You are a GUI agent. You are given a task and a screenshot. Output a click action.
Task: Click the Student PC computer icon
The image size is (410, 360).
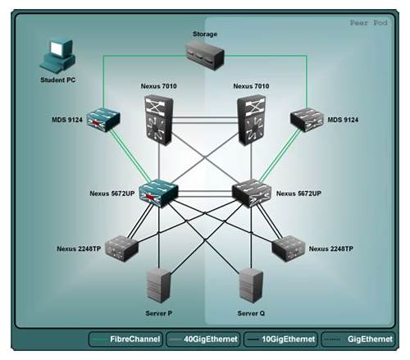pyautogui.click(x=57, y=56)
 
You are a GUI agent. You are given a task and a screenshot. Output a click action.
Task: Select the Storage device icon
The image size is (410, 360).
pyautogui.click(x=205, y=56)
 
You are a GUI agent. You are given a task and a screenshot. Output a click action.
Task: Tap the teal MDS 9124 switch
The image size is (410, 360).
pyautogui.click(x=103, y=119)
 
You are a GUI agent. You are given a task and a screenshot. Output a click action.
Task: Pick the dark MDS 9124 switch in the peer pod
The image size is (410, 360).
pyautogui.click(x=307, y=119)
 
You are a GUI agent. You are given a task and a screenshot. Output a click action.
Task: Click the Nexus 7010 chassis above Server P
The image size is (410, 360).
pyautogui.click(x=159, y=120)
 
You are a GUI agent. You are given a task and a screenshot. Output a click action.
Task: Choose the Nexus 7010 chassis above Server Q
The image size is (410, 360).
pyautogui.click(x=252, y=120)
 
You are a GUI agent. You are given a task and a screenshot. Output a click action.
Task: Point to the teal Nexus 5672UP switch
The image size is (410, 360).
pyautogui.click(x=158, y=194)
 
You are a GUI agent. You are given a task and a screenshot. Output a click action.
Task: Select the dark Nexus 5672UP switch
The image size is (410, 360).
pyautogui.click(x=252, y=194)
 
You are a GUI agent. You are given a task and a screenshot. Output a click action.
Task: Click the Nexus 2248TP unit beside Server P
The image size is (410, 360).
pyautogui.click(x=121, y=248)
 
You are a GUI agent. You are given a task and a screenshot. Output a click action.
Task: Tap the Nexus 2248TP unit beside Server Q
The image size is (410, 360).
pyautogui.click(x=289, y=248)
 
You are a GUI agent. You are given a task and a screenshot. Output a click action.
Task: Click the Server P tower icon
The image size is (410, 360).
pyautogui.click(x=159, y=286)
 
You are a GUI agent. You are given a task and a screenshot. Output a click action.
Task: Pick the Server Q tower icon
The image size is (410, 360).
pyautogui.click(x=252, y=286)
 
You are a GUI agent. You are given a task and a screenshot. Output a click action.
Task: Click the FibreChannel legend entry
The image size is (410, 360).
pyautogui.click(x=125, y=339)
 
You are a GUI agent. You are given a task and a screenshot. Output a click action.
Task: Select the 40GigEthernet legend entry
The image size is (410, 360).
pyautogui.click(x=203, y=339)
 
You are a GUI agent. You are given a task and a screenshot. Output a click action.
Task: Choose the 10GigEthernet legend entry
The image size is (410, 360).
pyautogui.click(x=280, y=339)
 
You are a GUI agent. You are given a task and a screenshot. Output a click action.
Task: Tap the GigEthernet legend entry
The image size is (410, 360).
pyautogui.click(x=358, y=339)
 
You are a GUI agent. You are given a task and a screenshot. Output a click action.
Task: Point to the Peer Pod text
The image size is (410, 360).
pyautogui.click(x=368, y=23)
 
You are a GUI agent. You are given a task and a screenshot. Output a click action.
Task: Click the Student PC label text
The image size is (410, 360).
pyautogui.click(x=57, y=80)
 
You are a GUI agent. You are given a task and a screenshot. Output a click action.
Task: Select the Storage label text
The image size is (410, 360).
pyautogui.click(x=205, y=34)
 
